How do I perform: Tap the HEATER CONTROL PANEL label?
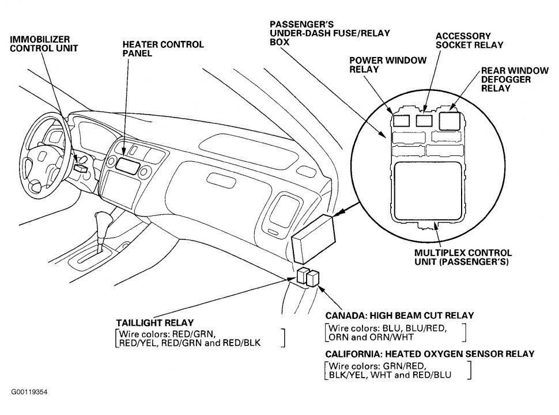pos(163,48)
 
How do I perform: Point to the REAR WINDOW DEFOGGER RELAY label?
pos(515,79)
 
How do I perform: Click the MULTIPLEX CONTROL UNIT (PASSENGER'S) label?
pos(463,257)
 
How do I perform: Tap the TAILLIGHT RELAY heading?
pos(155,323)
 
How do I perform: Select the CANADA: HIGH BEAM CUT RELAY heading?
pos(399,315)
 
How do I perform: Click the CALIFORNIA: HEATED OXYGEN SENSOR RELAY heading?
pos(429,353)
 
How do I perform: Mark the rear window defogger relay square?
pos(450,120)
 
